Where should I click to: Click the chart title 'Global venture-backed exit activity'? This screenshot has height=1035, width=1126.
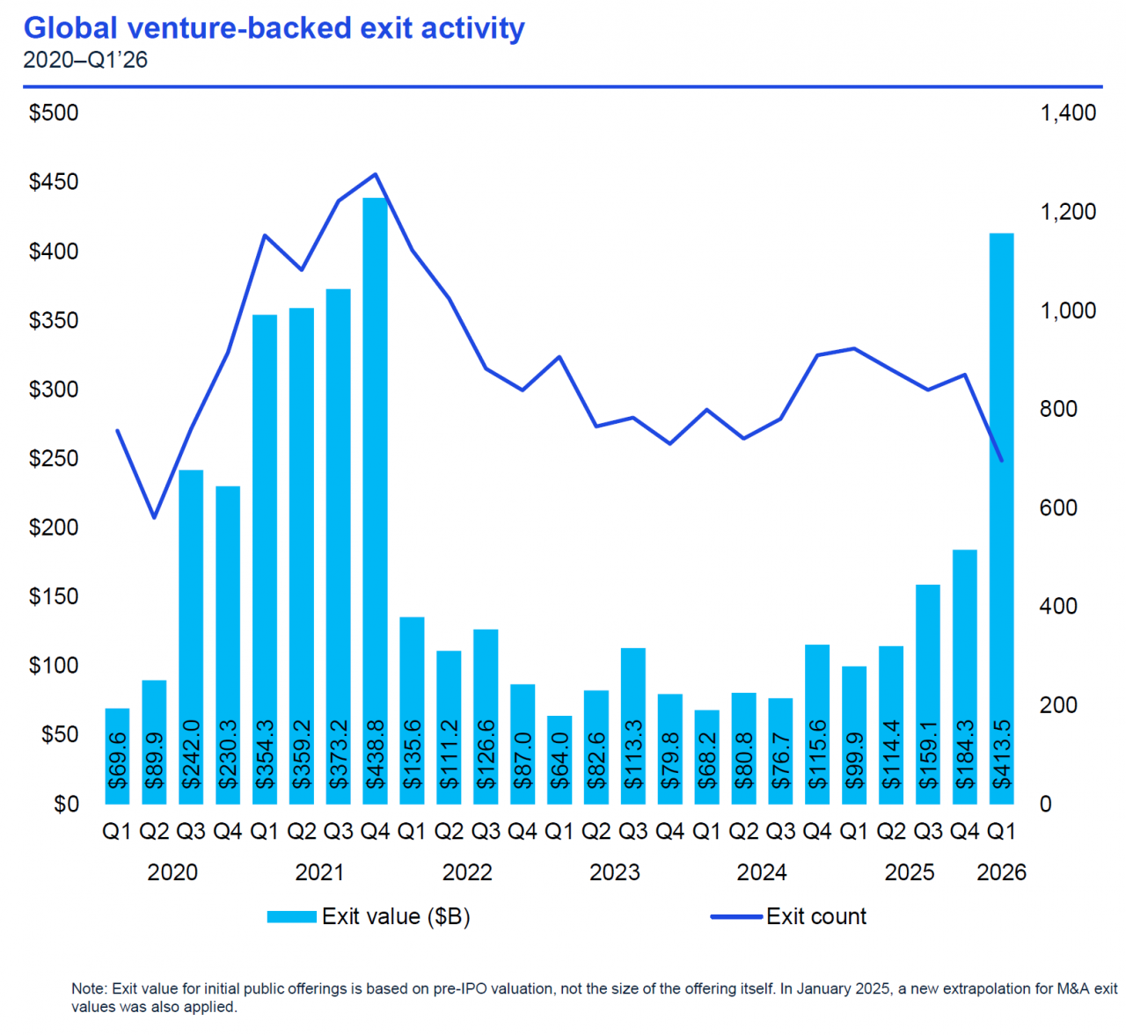pyautogui.click(x=274, y=28)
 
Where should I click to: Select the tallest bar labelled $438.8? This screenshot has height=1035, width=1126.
pyautogui.click(x=376, y=501)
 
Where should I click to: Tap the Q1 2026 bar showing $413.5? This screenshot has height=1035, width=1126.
pyautogui.click(x=1001, y=519)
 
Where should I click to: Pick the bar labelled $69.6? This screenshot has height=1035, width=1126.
pyautogui.click(x=117, y=756)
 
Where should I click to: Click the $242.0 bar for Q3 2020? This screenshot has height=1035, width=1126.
pyautogui.click(x=191, y=638)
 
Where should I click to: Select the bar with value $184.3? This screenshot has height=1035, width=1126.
pyautogui.click(x=965, y=677)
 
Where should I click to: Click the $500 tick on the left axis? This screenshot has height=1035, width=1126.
pyautogui.click(x=54, y=113)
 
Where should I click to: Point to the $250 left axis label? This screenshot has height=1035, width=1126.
pyautogui.click(x=54, y=458)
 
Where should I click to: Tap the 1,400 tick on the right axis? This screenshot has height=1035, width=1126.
pyautogui.click(x=1068, y=113)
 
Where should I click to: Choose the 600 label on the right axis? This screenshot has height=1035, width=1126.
pyautogui.click(x=1058, y=508)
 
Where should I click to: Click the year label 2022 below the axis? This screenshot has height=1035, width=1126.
pyautogui.click(x=467, y=872)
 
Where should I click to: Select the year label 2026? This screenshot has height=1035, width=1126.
pyautogui.click(x=1001, y=872)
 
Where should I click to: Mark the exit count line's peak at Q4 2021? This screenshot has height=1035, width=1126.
pyautogui.click(x=376, y=174)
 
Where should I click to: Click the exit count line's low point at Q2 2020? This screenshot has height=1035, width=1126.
pyautogui.click(x=154, y=517)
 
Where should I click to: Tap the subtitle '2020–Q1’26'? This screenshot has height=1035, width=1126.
pyautogui.click(x=85, y=60)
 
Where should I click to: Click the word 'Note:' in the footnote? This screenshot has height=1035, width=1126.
pyautogui.click(x=89, y=988)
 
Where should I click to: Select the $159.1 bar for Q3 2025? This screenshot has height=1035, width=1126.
pyautogui.click(x=928, y=695)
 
